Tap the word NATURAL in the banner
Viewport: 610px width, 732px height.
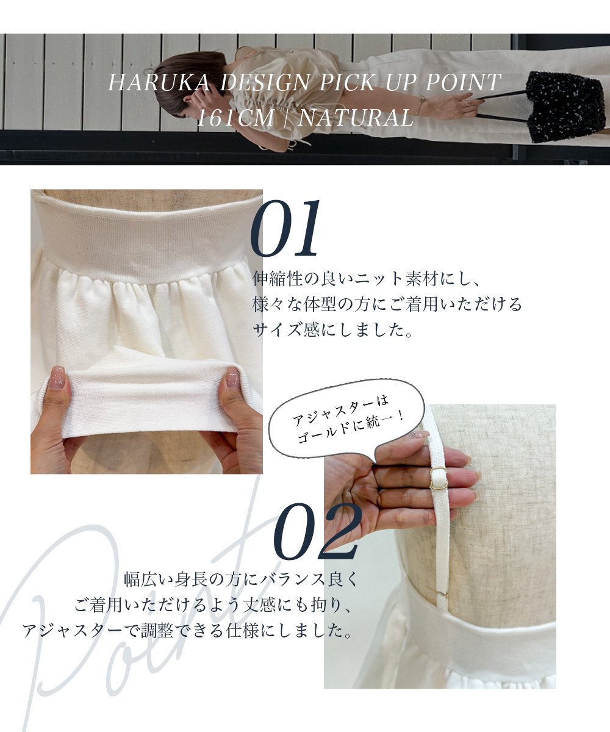356,118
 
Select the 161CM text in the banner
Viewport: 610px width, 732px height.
235,118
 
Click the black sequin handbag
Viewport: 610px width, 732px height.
565,107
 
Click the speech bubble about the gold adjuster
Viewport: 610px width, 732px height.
347,422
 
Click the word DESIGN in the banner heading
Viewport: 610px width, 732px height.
265,82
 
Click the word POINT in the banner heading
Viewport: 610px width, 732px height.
463,82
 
